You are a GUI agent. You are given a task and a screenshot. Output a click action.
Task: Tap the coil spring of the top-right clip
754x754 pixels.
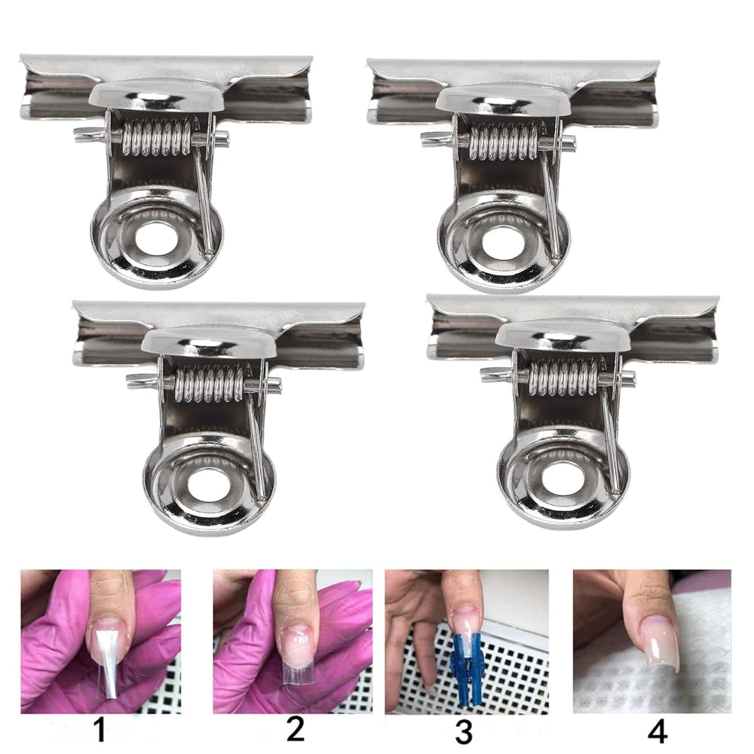[504, 142]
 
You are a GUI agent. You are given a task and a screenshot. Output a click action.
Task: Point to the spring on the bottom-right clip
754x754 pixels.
[563, 377]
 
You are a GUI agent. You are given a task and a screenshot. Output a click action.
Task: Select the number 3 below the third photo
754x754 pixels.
[464, 732]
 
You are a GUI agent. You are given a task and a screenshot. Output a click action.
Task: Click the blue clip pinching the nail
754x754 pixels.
[466, 667]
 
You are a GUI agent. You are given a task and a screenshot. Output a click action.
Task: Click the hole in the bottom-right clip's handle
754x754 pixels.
[563, 479]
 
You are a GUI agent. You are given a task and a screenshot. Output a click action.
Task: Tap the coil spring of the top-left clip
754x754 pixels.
[156, 137]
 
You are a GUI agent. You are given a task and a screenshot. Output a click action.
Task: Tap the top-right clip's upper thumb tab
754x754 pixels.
[503, 100]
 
